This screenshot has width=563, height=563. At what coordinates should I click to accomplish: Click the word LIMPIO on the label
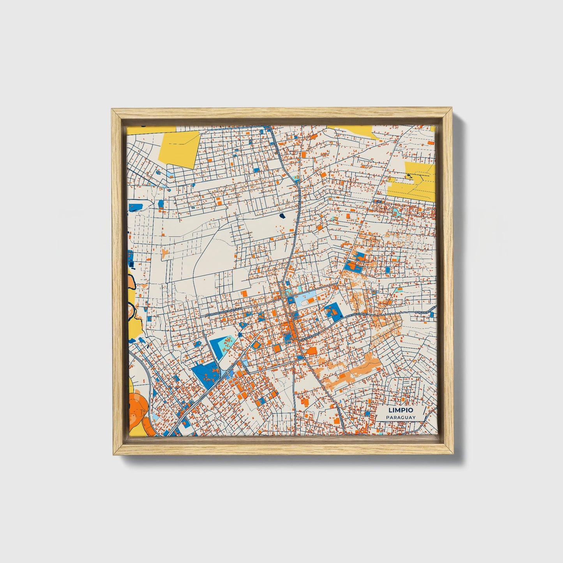(401, 410)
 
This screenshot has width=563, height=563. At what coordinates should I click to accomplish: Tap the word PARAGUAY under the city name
(401, 417)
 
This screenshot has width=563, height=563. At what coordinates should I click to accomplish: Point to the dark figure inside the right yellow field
(408, 176)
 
